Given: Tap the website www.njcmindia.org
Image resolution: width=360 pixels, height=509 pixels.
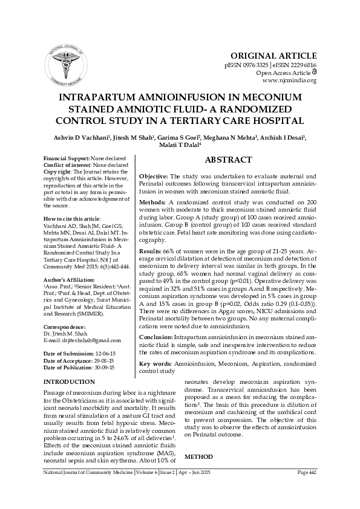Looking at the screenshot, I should pos(289,80).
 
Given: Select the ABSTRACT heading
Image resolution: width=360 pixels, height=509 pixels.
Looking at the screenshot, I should pos(228,160).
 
